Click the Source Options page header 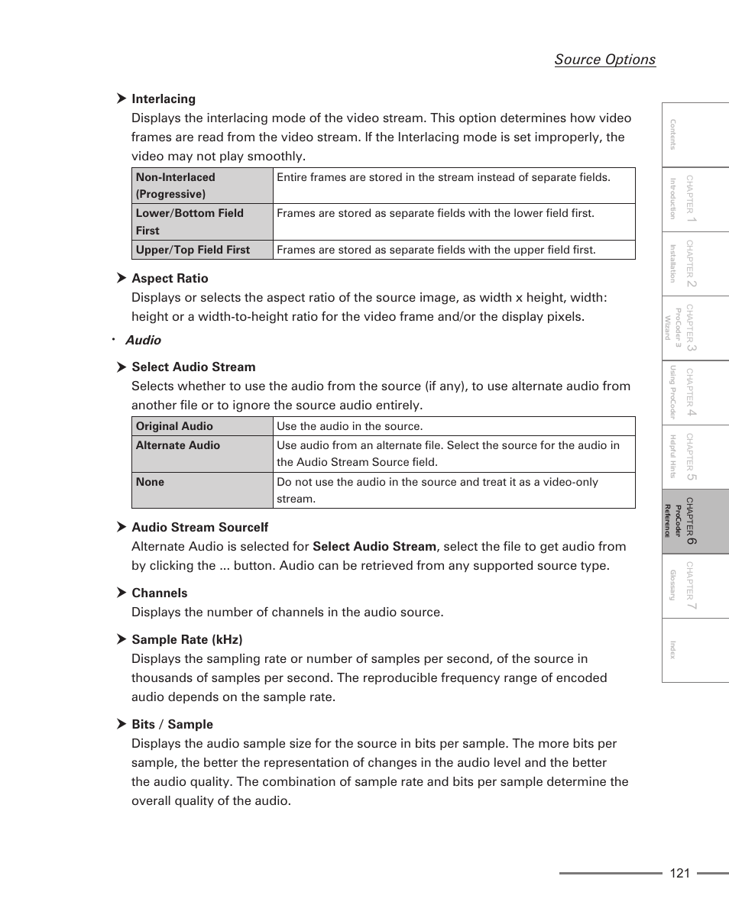point(604,60)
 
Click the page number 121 point(679,873)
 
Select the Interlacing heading point(164,99)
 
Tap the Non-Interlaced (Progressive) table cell point(202,186)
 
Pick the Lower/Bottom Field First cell point(202,221)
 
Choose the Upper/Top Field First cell point(202,250)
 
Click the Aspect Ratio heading point(170,278)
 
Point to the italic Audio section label point(143,340)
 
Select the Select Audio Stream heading point(193,367)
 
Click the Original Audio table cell point(202,426)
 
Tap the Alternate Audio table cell point(202,454)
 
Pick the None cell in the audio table point(202,490)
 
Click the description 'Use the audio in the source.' point(349,426)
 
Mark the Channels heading point(159,593)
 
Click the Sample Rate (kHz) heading point(186,639)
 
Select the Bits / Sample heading point(172,724)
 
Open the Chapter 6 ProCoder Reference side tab point(695,522)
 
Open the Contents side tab point(695,135)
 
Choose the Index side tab point(695,650)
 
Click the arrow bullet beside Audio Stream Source point(121,527)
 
